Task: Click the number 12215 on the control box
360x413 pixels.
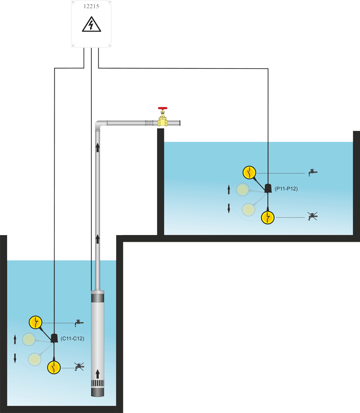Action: [x=91, y=8]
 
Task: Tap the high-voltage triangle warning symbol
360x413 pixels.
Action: [x=91, y=25]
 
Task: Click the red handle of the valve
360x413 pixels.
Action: [x=163, y=109]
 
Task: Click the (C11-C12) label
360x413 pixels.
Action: [x=72, y=338]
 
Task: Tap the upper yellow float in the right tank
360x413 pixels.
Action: [x=249, y=173]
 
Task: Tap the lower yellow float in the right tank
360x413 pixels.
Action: [x=268, y=218]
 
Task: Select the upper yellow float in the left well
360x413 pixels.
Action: [x=35, y=322]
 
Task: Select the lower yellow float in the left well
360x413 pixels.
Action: [x=54, y=367]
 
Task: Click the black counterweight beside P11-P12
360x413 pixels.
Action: [x=268, y=188]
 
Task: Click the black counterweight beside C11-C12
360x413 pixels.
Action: [x=54, y=338]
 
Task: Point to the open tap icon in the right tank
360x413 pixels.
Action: [x=313, y=173]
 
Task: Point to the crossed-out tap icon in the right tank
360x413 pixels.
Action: [x=313, y=217]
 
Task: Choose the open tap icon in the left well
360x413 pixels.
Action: [x=78, y=323]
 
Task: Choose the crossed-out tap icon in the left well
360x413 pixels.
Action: [x=79, y=366]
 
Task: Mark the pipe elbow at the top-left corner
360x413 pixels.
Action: [x=100, y=125]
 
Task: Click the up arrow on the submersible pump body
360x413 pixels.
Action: [x=97, y=373]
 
